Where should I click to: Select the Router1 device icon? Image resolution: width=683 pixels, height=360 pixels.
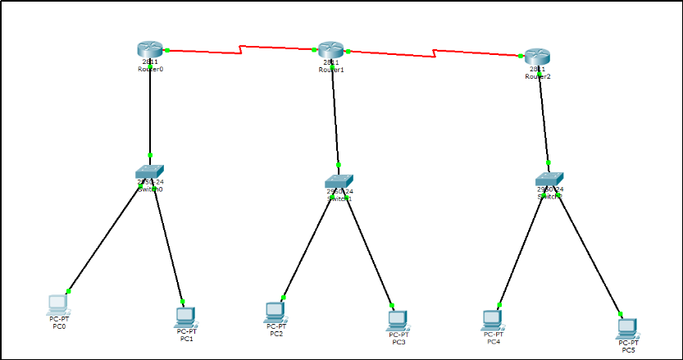coord(330,49)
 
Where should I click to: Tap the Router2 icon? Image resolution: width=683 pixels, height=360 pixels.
coord(538,56)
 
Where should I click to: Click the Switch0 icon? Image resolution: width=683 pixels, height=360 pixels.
coord(150,171)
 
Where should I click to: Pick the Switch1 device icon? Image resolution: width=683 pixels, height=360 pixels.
coord(339,180)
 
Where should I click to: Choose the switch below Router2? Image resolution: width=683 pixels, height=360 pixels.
coord(550,178)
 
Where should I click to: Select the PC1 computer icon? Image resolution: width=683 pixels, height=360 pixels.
coord(186,315)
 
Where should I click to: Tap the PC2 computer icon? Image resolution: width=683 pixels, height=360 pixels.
coord(276,311)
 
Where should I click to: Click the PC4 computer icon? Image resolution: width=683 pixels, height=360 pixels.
coord(493,317)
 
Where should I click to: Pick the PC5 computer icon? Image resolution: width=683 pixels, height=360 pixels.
coord(628,327)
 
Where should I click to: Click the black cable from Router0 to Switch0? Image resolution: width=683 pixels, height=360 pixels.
coord(150,107)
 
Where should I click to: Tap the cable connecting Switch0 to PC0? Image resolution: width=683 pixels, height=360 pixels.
coord(107,238)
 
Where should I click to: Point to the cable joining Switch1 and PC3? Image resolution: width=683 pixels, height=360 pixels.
coord(371,250)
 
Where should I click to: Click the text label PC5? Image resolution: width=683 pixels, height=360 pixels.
coord(628,350)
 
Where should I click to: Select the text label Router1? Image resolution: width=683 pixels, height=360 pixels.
coord(331,70)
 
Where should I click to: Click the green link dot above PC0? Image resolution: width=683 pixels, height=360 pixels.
coord(69,291)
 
